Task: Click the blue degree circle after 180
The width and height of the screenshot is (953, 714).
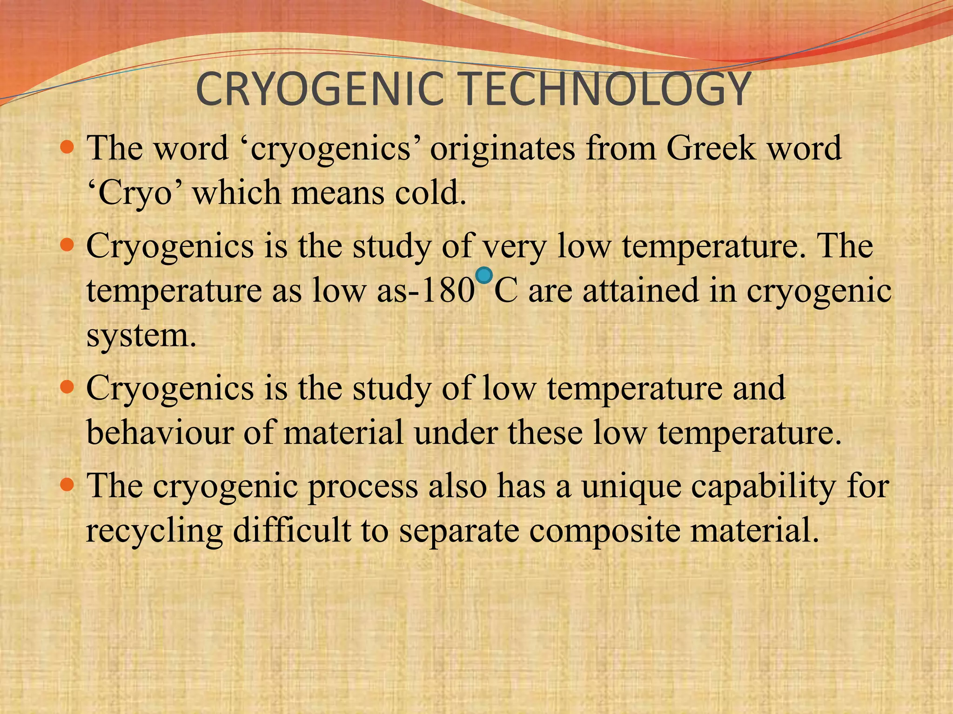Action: (x=484, y=276)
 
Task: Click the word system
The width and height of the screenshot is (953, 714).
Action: (x=141, y=336)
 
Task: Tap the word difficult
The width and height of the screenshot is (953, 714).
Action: (x=292, y=530)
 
